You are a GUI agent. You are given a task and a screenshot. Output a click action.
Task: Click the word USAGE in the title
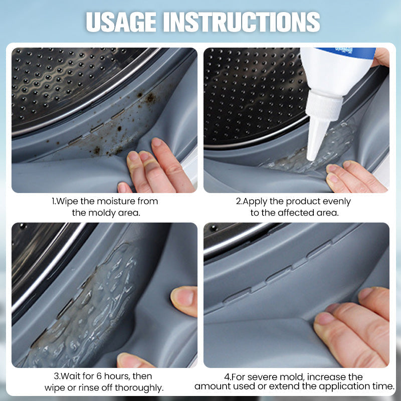tap(121, 22)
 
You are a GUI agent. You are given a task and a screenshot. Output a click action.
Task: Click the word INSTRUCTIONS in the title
tap(242, 22)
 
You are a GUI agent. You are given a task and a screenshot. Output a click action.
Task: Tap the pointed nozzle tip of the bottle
tap(310, 158)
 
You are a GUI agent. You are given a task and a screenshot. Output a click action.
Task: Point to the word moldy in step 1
tap(102, 213)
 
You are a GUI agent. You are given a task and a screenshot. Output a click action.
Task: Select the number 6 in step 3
tap(99, 376)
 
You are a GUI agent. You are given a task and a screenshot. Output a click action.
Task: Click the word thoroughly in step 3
tap(139, 387)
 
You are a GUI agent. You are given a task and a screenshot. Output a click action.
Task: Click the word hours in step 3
tap(117, 376)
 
